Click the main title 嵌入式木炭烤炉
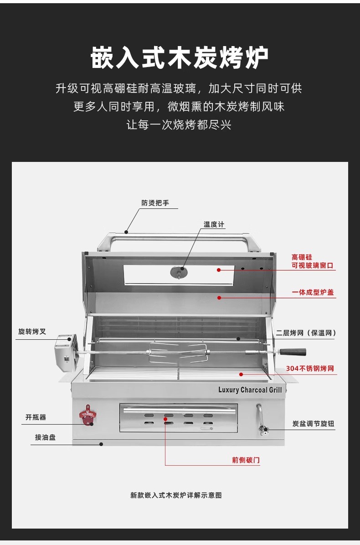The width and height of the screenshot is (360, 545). pyautogui.click(x=180, y=57)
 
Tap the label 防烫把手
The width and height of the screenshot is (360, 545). pyautogui.click(x=155, y=202)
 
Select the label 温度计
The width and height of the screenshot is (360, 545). pyautogui.click(x=214, y=224)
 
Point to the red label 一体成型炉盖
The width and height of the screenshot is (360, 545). pyautogui.click(x=313, y=292)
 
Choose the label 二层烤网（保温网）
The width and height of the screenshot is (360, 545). pyautogui.click(x=306, y=333)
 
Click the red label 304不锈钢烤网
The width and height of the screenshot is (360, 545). pyautogui.click(x=310, y=369)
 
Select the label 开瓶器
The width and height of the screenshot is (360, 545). pyautogui.click(x=36, y=417)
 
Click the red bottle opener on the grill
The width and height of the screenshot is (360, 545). pyautogui.click(x=86, y=415)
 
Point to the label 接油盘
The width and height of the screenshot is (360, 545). pyautogui.click(x=45, y=437)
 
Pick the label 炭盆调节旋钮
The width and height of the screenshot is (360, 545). pyautogui.click(x=313, y=424)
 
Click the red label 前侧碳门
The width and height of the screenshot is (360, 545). pyautogui.click(x=246, y=460)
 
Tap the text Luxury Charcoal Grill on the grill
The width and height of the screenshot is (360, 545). pyautogui.click(x=250, y=390)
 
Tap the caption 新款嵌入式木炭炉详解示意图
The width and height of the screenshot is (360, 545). pyautogui.click(x=176, y=495)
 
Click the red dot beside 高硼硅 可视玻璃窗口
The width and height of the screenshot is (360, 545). pyautogui.click(x=219, y=270)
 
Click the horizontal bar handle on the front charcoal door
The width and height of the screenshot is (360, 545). pyautogui.click(x=180, y=410)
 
